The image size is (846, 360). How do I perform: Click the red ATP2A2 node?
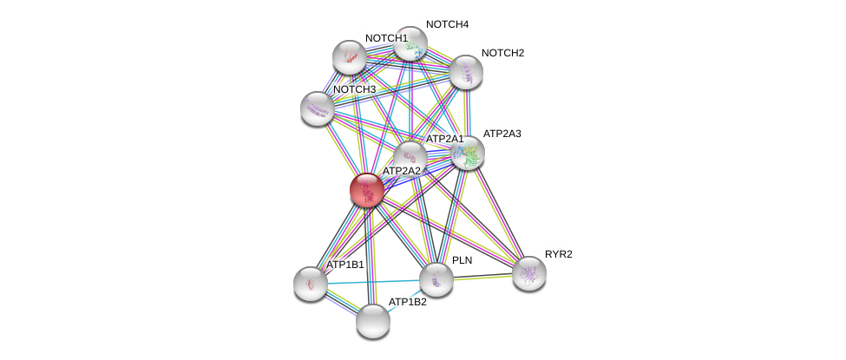click(367, 190)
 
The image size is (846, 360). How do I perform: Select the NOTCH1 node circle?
click(350, 57)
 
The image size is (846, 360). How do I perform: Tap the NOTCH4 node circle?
click(410, 43)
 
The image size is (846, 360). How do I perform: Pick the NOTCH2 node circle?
click(465, 72)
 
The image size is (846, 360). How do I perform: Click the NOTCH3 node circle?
click(318, 108)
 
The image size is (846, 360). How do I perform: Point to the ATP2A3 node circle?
click(468, 154)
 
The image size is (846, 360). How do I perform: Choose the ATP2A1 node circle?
click(410, 158)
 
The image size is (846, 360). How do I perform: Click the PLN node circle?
click(436, 279)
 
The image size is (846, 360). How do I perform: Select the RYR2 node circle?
click(528, 273)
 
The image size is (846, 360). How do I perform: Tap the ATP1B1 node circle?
click(310, 283)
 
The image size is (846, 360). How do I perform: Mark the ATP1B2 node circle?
click(373, 321)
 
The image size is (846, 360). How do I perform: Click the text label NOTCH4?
click(448, 24)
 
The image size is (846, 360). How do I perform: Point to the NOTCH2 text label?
click(502, 53)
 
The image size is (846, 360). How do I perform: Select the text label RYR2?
click(559, 254)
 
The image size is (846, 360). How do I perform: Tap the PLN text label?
click(461, 260)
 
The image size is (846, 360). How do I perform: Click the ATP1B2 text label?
click(407, 302)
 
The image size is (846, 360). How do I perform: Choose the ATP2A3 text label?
click(507, 134)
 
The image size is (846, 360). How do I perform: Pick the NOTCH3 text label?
click(354, 89)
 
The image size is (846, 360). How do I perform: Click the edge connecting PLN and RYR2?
click(482, 277)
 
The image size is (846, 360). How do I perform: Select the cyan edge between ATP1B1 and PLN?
click(373, 281)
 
